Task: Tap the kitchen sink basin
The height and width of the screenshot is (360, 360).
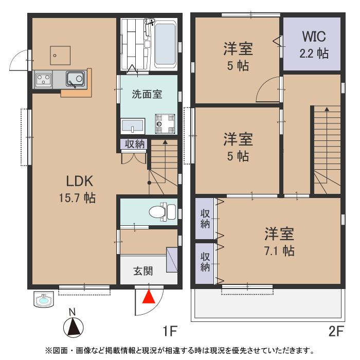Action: [x=76, y=80]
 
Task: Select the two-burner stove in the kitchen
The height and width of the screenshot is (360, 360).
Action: [x=43, y=80]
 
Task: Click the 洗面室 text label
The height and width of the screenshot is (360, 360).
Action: [x=147, y=95]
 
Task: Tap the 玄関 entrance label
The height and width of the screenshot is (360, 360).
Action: [x=143, y=272]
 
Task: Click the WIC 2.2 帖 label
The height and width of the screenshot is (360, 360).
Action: [x=314, y=45]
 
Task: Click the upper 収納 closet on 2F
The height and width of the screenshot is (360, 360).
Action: [x=205, y=219]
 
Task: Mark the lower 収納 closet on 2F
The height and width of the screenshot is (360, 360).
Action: [x=205, y=262]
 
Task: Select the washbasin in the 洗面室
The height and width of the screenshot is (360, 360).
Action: [x=133, y=125]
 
